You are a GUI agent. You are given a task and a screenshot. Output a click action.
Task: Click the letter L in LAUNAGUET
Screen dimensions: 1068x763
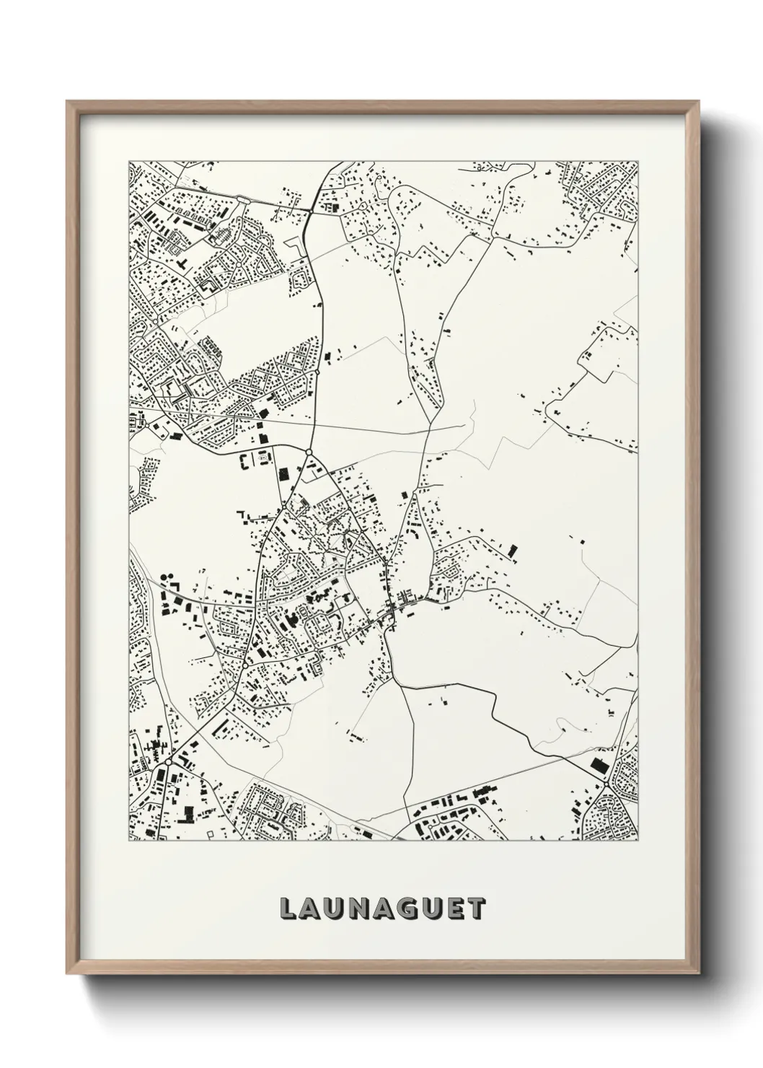[290, 909]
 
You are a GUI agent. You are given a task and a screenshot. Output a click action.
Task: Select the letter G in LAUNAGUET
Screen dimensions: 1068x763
[411, 909]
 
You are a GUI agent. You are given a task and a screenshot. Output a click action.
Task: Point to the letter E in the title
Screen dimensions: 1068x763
[457, 909]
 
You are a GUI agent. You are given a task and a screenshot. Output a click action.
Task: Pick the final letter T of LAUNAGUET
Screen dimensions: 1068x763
[477, 909]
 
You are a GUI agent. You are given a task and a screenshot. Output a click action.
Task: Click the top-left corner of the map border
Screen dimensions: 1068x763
[129, 161]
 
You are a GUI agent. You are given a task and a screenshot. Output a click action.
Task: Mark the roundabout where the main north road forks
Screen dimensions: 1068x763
[308, 452]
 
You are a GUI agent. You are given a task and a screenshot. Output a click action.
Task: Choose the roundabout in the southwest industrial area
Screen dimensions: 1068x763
[167, 761]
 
